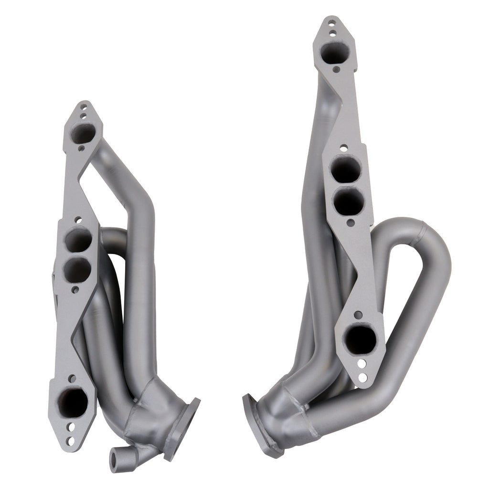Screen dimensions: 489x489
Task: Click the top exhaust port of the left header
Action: [82, 133]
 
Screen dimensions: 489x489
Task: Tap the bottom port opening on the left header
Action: [73, 402]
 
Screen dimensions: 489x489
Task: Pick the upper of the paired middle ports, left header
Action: [77, 239]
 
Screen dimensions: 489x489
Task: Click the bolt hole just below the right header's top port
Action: [336, 69]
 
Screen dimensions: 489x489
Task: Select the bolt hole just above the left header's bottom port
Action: [72, 379]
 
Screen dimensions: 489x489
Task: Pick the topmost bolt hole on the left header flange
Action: [84, 109]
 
